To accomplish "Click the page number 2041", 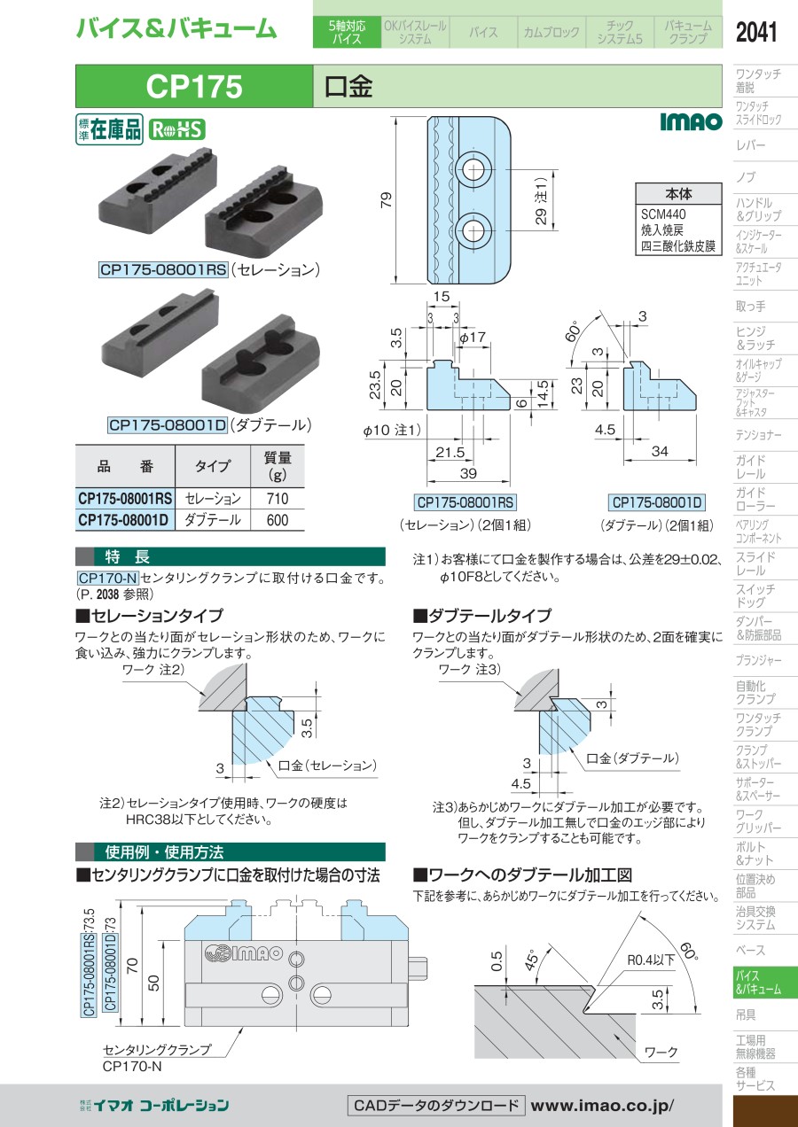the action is tap(756, 32).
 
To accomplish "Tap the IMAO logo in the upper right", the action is tap(691, 121).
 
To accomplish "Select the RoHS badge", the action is tap(176, 130).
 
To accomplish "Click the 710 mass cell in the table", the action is tap(278, 499).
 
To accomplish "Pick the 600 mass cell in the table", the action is tap(278, 520).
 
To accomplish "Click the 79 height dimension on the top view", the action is tap(387, 200).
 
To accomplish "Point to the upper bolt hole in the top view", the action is tap(473, 169).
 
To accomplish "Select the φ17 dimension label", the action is tap(473, 337).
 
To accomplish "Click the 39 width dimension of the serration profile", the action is tap(468, 473).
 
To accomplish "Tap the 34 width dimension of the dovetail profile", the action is tap(660, 451).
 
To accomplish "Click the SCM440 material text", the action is tap(663, 214).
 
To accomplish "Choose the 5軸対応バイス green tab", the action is tap(347, 32).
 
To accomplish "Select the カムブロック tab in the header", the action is tap(552, 32).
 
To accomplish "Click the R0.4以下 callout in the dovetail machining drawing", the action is tap(651, 960).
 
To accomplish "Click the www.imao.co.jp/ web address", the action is tap(602, 1106).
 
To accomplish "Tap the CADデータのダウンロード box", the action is tap(436, 1106).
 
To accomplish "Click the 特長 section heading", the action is tap(128, 556).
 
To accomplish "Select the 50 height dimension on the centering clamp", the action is tap(153, 983).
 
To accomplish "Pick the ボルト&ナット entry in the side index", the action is tap(751, 854).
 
